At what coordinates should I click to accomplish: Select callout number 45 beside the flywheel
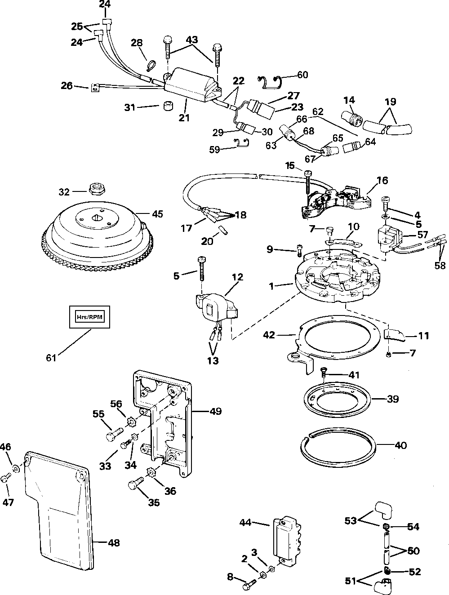157,214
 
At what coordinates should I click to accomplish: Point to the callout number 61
52,358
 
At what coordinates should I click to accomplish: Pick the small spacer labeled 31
168,108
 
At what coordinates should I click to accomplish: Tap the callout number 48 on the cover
114,542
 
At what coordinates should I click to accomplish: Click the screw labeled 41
324,371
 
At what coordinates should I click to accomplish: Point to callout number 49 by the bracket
215,411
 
